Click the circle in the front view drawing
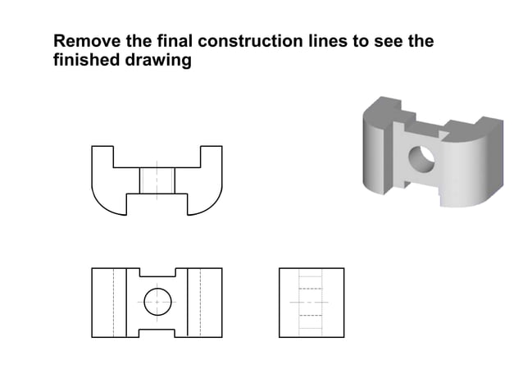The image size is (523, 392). tap(157, 302)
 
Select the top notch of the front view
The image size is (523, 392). tap(157, 273)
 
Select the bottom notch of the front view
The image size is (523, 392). tap(157, 332)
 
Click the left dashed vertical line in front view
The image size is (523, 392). tap(113, 302)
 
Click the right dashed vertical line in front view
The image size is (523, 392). tap(200, 302)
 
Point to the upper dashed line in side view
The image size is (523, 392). tap(309, 289)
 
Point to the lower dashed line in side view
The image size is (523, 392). tap(309, 315)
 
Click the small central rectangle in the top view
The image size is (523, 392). tap(157, 180)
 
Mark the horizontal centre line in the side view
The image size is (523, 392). tap(310, 302)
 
